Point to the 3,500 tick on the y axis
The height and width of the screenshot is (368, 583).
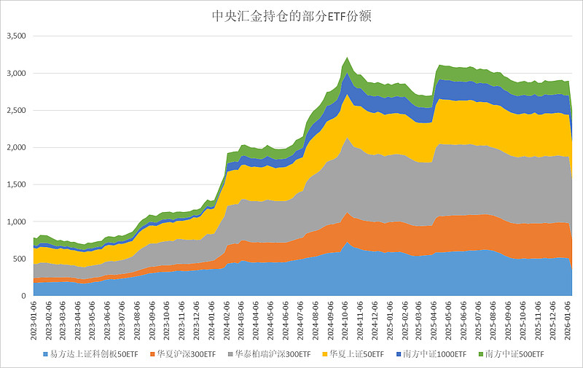coord(16,36)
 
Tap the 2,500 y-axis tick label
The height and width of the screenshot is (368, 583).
coord(16,111)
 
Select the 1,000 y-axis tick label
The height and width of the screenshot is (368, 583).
coord(16,222)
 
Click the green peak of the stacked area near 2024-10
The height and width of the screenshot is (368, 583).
coord(348,58)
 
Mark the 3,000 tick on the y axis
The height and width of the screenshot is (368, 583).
coord(16,74)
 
